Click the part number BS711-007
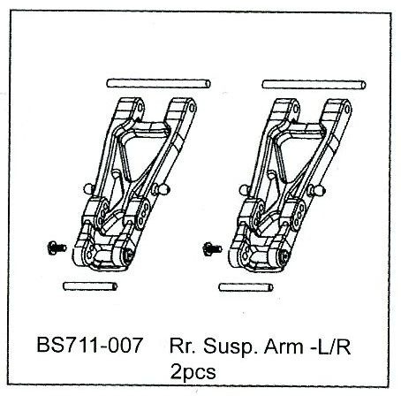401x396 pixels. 90,345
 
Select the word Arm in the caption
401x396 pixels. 284,346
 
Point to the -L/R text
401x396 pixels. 330,346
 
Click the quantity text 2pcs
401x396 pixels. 193,373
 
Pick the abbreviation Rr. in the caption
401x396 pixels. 182,346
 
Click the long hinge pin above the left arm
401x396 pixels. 158,83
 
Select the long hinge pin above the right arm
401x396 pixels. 314,85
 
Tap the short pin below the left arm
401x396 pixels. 90,286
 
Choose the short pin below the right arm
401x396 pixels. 246,287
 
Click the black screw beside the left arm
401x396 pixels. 57,247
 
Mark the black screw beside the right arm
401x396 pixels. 212,249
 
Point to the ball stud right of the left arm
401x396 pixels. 161,189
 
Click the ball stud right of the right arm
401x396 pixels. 316,191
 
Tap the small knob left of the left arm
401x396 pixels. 89,189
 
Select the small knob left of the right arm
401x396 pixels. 245,190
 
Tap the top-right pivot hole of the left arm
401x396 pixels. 192,108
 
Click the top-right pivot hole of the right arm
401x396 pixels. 347,110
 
